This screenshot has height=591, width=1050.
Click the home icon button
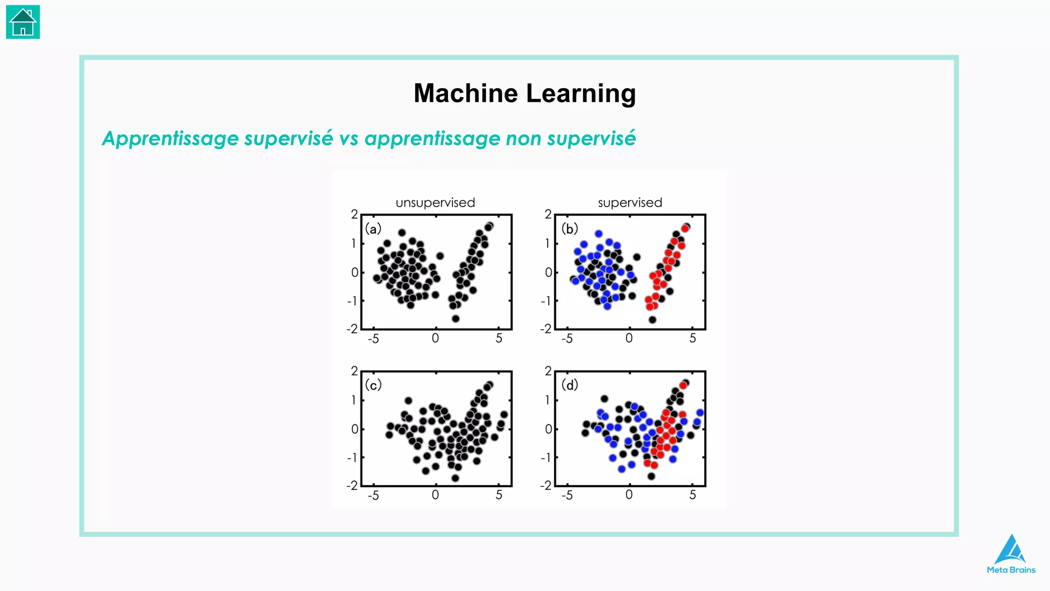(x=23, y=22)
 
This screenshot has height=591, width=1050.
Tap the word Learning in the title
(x=581, y=93)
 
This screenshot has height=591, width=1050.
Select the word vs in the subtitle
(x=348, y=139)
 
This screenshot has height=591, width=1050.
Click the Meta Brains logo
(x=1011, y=555)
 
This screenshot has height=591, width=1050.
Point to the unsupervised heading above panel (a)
(x=435, y=203)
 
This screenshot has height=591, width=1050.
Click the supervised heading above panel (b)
(x=630, y=203)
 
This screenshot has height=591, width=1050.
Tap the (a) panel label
(x=373, y=229)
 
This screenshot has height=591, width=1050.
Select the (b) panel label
(x=569, y=228)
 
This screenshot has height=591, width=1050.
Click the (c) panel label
(x=373, y=385)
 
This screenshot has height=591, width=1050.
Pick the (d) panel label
(x=569, y=385)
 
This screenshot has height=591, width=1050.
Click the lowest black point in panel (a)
(x=455, y=319)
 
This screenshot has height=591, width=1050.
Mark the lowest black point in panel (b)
(x=652, y=320)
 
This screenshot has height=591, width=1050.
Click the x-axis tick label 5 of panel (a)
(x=498, y=339)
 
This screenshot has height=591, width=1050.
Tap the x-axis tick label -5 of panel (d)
(x=567, y=496)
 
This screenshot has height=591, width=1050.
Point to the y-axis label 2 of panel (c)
(x=354, y=371)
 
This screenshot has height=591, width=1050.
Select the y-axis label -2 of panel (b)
(x=546, y=329)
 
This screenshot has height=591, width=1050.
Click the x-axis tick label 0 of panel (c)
(x=435, y=495)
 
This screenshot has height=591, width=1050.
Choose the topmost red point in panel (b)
(x=685, y=228)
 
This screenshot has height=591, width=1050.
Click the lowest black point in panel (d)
(x=651, y=476)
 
